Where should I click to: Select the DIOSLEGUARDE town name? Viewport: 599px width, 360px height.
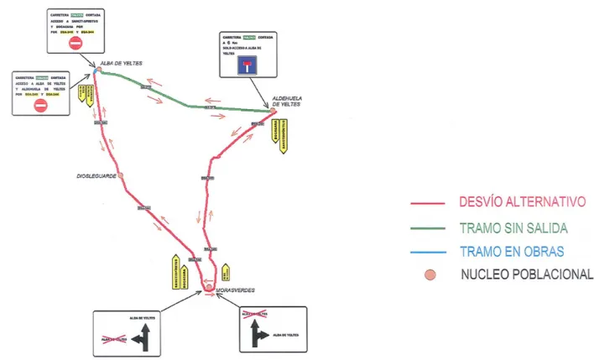point(96,177)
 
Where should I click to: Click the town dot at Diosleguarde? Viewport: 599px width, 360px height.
point(121,175)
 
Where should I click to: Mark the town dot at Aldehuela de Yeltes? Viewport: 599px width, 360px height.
point(273,111)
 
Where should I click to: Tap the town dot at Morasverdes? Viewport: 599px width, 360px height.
point(209,289)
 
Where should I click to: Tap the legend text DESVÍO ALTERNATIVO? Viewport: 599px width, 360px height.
point(521,202)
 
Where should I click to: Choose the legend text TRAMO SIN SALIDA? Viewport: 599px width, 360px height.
point(513,227)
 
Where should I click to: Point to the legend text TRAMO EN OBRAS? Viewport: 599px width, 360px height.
point(512,251)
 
